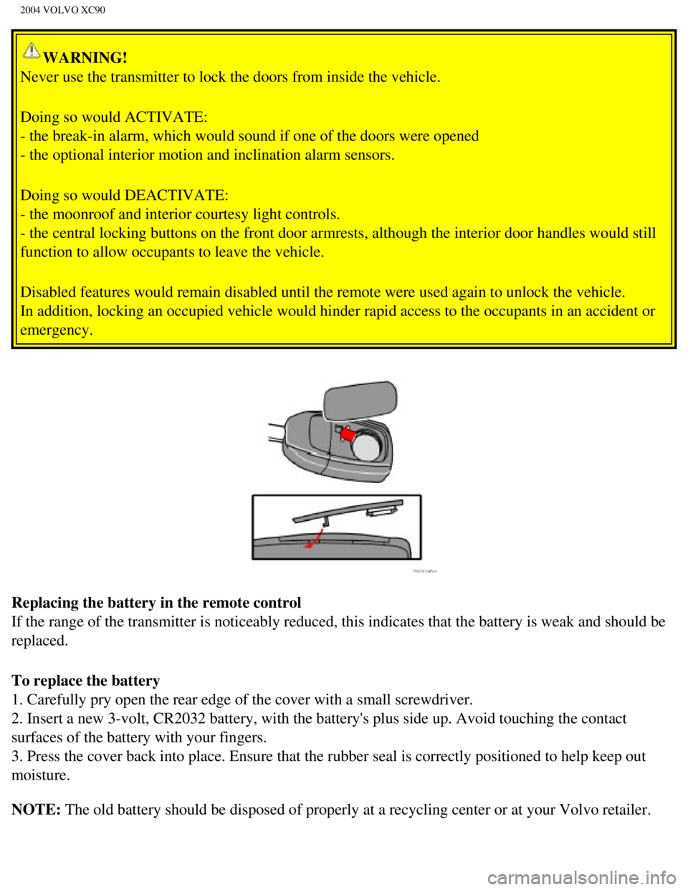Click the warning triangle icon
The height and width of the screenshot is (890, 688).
(x=32, y=51)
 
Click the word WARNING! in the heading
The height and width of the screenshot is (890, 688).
(x=85, y=58)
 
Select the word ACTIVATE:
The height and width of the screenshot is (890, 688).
(x=166, y=117)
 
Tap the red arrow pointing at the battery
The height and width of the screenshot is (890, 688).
(x=348, y=434)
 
